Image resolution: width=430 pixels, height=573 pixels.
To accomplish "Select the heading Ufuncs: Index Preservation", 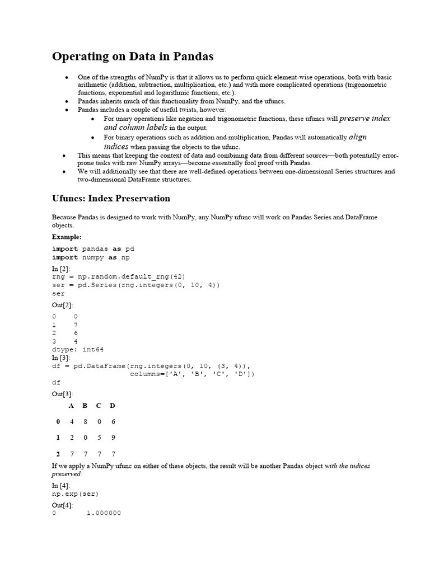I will pyautogui.click(x=111, y=199).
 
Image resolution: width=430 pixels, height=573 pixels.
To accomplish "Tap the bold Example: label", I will pyautogui.click(x=67, y=237).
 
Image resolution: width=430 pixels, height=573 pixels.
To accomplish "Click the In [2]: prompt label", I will pyautogui.click(x=61, y=269).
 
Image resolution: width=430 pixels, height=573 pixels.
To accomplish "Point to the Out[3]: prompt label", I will pyautogui.click(x=62, y=394).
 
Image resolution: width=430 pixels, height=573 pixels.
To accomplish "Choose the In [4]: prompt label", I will pyautogui.click(x=61, y=486).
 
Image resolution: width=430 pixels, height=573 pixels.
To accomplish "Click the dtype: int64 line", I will pyautogui.click(x=78, y=349).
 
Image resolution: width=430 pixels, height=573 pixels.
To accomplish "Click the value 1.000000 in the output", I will pyautogui.click(x=104, y=513).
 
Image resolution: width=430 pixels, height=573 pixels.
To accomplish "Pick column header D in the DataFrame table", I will pyautogui.click(x=113, y=406).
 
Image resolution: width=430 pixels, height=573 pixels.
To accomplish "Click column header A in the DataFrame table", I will pyautogui.click(x=71, y=406).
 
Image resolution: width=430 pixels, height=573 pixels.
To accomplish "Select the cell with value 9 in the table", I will pyautogui.click(x=113, y=438).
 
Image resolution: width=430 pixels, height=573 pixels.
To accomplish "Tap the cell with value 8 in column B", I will pyautogui.click(x=85, y=422).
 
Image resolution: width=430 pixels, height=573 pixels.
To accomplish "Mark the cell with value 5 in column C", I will pyautogui.click(x=99, y=438).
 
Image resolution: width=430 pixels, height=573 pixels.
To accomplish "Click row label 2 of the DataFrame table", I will pyautogui.click(x=58, y=454).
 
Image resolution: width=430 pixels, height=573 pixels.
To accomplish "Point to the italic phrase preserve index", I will pyautogui.click(x=364, y=119).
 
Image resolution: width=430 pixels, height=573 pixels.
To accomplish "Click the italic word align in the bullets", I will pyautogui.click(x=357, y=137).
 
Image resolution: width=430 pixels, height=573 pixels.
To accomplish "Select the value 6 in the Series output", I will pyautogui.click(x=76, y=333).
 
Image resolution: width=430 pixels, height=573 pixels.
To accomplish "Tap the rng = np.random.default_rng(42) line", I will pyautogui.click(x=119, y=276).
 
